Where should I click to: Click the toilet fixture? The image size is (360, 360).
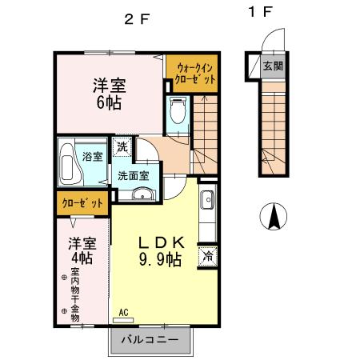click(x=178, y=110)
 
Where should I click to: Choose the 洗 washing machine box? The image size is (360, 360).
click(x=122, y=146)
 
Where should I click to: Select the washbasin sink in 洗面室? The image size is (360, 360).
click(x=143, y=194)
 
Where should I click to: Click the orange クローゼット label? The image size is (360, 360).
click(x=83, y=203)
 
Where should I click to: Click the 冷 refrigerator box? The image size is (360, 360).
click(x=206, y=257)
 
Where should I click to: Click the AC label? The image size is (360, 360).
click(x=123, y=312)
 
